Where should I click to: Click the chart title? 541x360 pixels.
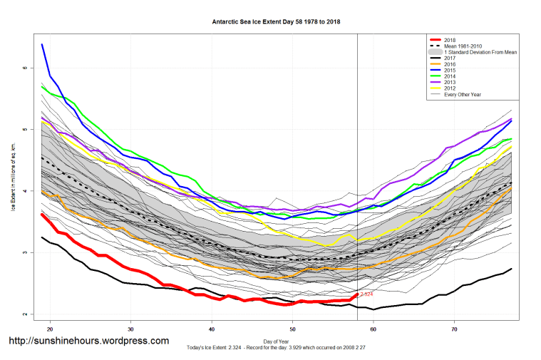(276, 21)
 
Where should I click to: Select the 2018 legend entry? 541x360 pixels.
(450, 40)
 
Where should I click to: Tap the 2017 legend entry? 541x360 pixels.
(450, 58)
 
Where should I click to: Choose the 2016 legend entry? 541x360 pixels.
(450, 65)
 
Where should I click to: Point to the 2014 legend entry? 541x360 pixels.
(450, 77)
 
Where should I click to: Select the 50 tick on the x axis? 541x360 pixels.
(292, 329)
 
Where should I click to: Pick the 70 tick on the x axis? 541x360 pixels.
(454, 329)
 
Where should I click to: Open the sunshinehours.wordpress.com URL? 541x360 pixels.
(88, 341)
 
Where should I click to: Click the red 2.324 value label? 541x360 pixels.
(366, 294)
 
